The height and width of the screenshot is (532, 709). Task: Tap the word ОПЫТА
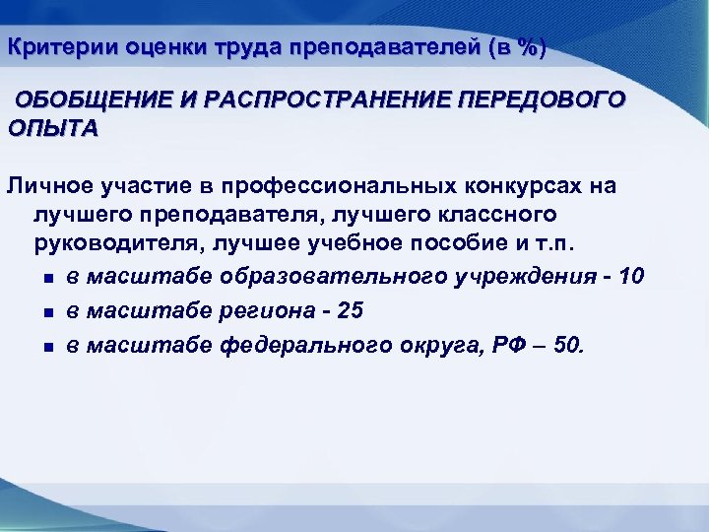pos(53,129)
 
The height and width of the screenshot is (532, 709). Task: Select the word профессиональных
pos(339,186)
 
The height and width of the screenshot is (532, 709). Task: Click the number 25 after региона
pos(349,310)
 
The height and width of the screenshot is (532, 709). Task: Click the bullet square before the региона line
pos(47,311)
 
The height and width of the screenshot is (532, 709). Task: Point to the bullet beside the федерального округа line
pos(47,347)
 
